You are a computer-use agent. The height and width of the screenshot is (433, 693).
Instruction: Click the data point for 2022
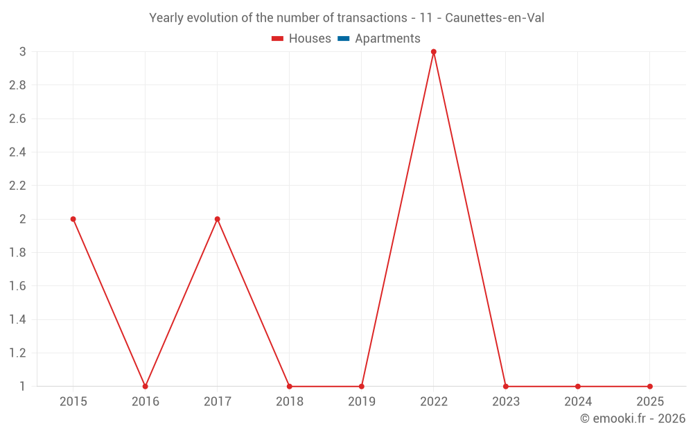[434, 52]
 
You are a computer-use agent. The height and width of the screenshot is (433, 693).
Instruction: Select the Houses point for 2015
[73, 219]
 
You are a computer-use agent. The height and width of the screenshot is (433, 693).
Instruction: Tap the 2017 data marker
[218, 219]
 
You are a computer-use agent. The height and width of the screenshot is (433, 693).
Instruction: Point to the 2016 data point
[146, 386]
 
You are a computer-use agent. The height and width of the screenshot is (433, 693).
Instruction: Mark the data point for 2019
[362, 386]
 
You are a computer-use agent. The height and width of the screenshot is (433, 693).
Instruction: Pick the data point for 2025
[650, 386]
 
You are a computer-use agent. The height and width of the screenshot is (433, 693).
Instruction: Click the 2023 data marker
[506, 386]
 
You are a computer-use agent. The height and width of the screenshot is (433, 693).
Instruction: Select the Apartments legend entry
[387, 39]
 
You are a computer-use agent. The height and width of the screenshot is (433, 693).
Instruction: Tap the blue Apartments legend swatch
[343, 39]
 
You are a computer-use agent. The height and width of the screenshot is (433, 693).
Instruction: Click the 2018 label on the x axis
[290, 401]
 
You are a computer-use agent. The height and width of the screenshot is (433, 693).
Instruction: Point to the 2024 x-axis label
[578, 401]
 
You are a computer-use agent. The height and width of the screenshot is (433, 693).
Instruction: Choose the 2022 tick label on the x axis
[434, 401]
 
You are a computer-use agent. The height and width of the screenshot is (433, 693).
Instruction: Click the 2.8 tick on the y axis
[17, 85]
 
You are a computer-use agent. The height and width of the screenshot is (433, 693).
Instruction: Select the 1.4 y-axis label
[17, 319]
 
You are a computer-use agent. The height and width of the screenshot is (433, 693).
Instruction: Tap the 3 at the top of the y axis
[22, 52]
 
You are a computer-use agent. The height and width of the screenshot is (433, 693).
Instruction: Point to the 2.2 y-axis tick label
[17, 186]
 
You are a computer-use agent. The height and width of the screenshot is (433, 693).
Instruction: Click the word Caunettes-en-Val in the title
[495, 18]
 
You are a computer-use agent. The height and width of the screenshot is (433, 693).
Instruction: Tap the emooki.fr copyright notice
[633, 418]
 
